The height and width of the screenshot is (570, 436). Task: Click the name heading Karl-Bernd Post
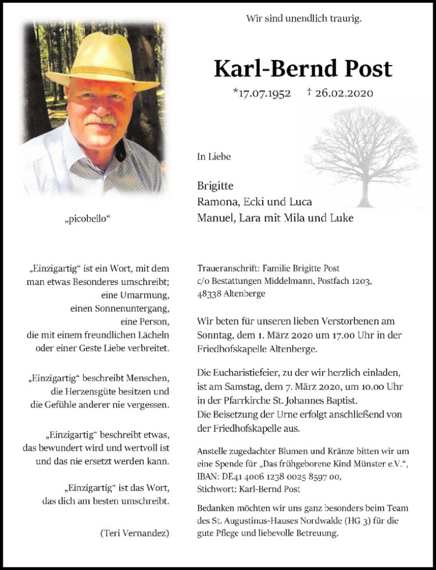pyautogui.click(x=303, y=69)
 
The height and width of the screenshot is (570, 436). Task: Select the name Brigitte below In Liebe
pyautogui.click(x=215, y=186)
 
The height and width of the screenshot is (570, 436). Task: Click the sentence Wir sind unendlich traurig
pyautogui.click(x=304, y=18)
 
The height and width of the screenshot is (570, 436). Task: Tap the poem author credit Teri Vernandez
pyautogui.click(x=135, y=533)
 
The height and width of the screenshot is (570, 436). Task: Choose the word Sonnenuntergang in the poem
pyautogui.click(x=120, y=308)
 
